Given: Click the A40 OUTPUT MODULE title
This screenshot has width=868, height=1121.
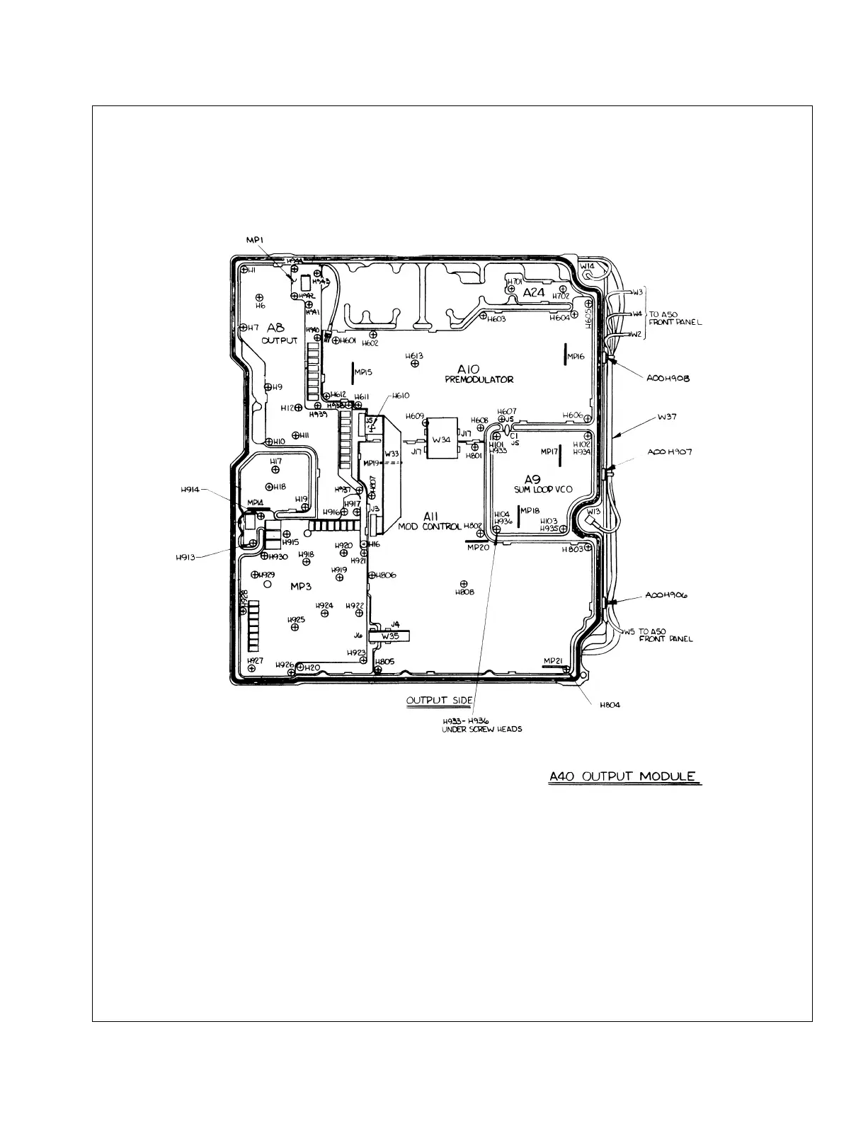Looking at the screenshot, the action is pos(624,776).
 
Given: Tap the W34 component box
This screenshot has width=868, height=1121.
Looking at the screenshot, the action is pos(442,439).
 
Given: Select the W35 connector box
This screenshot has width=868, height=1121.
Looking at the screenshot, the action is pos(390,636).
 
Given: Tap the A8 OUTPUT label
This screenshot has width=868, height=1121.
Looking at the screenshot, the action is pos(277,333).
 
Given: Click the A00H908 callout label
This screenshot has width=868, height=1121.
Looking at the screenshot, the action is pos(668,379).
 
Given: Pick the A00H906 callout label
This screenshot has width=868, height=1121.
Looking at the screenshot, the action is pos(668,596).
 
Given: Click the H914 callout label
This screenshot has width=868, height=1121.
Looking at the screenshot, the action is pos(190,488).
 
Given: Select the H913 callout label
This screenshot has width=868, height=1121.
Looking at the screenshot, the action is pos(186,557).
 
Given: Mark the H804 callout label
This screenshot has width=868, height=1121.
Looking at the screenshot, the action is pos(610,706).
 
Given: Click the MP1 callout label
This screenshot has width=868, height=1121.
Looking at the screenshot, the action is pos(255,241).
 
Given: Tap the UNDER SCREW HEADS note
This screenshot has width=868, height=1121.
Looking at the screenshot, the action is pos(481,729).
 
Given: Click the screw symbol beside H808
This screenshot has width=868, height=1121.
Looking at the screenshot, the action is pos(464,582).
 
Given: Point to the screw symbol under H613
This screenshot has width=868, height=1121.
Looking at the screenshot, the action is pos(415,364).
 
